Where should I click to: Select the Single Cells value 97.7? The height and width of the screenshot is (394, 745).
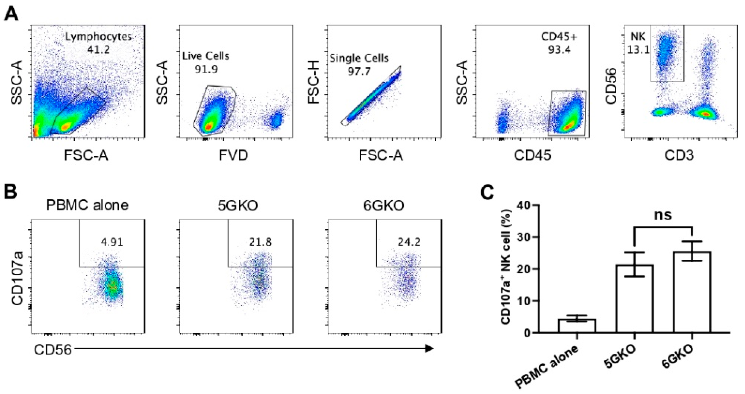pos(359,71)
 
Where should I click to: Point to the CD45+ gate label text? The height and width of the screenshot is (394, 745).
pos(559,37)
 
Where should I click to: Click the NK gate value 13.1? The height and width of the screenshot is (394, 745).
pos(638,50)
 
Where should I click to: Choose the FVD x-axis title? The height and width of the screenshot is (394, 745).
pos(233,156)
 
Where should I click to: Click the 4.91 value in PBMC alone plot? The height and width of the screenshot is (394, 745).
pos(112,242)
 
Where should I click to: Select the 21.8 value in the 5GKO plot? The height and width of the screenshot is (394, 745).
pos(261,242)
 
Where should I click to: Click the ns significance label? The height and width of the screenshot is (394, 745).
pos(663,215)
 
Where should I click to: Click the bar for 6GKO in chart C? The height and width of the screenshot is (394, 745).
pos(692,292)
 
